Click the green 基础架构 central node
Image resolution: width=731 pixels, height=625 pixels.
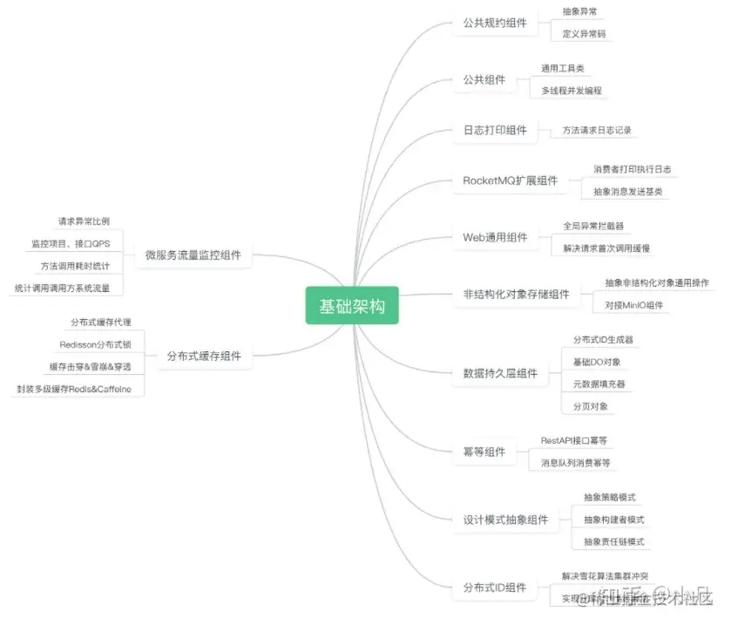pyautogui.click(x=352, y=306)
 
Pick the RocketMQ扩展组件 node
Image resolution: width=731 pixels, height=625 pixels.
pyautogui.click(x=510, y=181)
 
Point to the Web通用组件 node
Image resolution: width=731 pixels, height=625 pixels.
pyautogui.click(x=494, y=237)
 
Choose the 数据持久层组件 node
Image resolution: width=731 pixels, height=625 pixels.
pyautogui.click(x=499, y=374)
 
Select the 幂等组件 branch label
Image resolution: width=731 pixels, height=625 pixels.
pyautogui.click(x=484, y=452)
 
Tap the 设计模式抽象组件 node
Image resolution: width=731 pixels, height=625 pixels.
pyautogui.click(x=505, y=520)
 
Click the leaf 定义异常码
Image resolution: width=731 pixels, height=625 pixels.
pyautogui.click(x=584, y=34)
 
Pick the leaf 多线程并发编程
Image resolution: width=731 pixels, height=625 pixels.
pyautogui.click(x=571, y=90)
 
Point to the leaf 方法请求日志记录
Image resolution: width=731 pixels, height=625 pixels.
pyautogui.click(x=596, y=130)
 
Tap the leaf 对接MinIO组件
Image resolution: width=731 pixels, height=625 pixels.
pyautogui.click(x=633, y=305)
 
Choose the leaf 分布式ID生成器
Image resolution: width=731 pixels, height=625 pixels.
pyautogui.click(x=603, y=339)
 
